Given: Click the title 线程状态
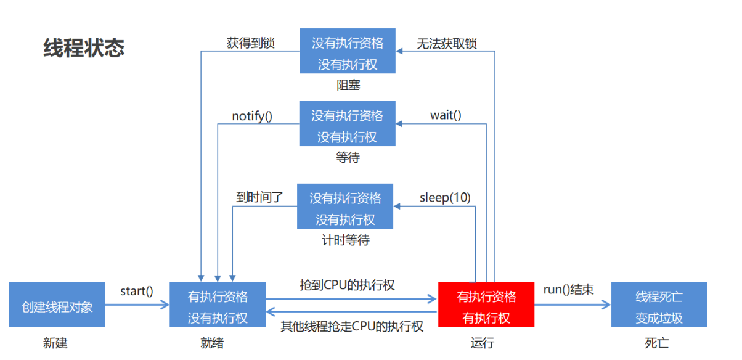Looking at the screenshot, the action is click(84, 48).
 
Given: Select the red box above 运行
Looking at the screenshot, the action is click(486, 305).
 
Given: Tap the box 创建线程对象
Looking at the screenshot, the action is click(57, 305).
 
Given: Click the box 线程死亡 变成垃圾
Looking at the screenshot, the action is click(659, 305).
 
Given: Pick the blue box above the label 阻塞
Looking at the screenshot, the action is click(348, 51).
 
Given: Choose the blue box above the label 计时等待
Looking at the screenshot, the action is click(345, 206).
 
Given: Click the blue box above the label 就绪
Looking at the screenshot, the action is click(218, 305).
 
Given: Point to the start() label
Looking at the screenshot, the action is click(136, 292).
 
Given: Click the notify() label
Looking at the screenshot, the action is click(252, 117).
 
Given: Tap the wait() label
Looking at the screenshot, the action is click(446, 115).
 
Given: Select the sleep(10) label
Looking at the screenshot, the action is click(445, 198).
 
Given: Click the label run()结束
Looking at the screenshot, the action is click(568, 290).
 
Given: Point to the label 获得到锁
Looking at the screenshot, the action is click(251, 43).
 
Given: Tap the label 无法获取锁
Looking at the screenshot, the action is click(447, 44).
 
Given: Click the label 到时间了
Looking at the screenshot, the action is click(259, 197).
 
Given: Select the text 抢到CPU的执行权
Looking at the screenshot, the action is click(347, 285).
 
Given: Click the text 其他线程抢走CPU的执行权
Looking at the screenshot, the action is click(352, 327).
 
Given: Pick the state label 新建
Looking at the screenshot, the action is click(55, 343).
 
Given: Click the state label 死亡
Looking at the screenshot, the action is click(656, 343).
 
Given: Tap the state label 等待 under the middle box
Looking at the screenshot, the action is click(348, 157).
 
